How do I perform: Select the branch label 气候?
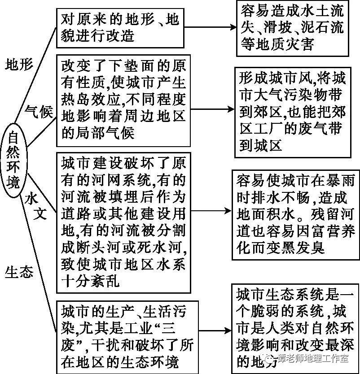[x=39, y=111]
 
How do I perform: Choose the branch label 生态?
[x=19, y=272]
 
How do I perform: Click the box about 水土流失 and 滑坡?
[x=292, y=27]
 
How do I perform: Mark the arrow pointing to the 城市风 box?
[x=211, y=109]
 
